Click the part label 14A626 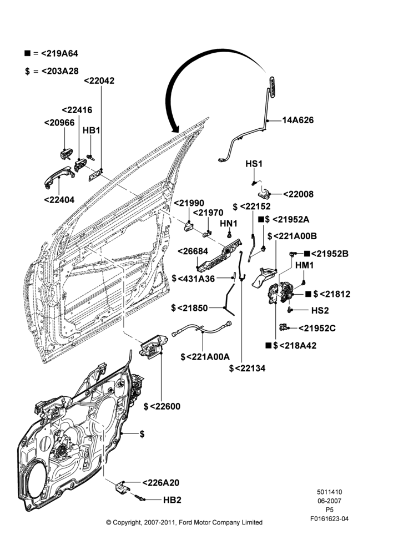298,120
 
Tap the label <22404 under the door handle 59,200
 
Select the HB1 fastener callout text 92,130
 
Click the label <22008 298,194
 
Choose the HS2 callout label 320,310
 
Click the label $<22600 162,406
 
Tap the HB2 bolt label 172,500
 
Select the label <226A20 161,483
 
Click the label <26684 193,251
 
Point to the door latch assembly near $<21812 280,293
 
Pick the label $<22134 247,369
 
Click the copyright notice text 184,522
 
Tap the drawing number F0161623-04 329,519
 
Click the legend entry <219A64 51,53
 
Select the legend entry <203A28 51,71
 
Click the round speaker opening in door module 37,481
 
